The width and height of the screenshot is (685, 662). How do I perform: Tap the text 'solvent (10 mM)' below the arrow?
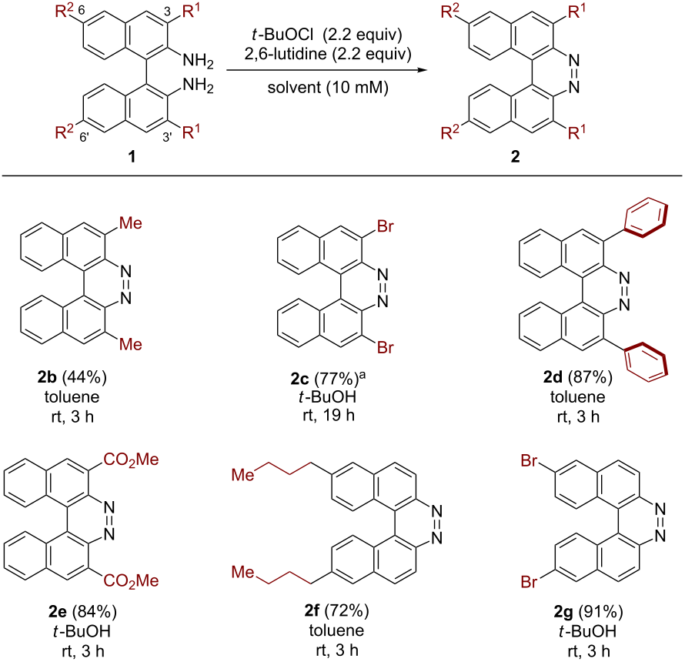point(328,88)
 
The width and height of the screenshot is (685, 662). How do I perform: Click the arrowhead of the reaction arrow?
point(422,69)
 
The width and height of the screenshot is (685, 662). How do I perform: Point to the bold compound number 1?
point(132,156)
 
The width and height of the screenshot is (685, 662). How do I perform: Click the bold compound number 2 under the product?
point(516,156)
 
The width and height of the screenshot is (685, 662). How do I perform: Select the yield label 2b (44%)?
point(72,376)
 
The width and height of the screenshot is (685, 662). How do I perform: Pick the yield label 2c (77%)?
point(325,379)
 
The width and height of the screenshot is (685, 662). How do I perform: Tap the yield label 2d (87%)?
point(577,376)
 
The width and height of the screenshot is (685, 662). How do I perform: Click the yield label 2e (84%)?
point(82,611)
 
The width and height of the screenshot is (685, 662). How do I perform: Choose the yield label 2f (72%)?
point(336,610)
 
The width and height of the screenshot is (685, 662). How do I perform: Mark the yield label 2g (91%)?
point(588,611)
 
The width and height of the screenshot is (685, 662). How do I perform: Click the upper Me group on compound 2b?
point(131,223)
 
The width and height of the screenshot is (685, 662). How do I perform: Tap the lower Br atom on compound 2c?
point(386,347)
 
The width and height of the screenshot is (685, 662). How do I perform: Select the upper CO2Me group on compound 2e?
point(131,460)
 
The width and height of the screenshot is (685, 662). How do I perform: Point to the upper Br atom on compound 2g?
point(529,460)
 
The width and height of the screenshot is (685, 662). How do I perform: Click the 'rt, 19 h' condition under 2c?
point(329,415)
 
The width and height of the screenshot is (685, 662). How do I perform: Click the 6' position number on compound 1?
point(85,137)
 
